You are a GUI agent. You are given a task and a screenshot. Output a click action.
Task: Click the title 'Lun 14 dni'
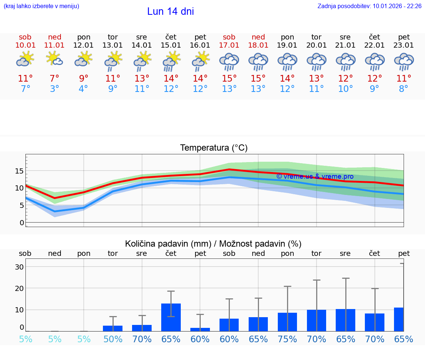click(170, 11)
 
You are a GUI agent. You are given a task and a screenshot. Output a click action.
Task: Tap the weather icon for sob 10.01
click(25, 59)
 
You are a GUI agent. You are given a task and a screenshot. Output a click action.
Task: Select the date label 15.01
click(171, 45)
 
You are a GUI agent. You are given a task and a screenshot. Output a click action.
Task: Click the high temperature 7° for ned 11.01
click(54, 78)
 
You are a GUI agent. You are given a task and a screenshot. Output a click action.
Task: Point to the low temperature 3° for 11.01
click(54, 89)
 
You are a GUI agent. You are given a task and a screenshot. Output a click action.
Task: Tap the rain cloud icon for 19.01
click(287, 62)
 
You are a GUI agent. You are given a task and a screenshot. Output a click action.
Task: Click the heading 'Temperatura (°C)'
click(214, 148)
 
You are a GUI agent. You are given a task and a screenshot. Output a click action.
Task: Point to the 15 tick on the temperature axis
click(19, 171)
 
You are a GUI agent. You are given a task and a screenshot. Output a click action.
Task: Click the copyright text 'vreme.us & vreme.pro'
click(315, 176)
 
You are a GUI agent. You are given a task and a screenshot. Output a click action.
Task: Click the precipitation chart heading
click(213, 244)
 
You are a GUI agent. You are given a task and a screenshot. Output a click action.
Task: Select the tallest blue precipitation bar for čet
click(171, 317)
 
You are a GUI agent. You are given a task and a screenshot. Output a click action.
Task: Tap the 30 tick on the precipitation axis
click(19, 267)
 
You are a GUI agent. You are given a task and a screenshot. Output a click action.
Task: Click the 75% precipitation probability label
click(287, 339)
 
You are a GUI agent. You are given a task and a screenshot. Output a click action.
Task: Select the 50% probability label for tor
click(113, 339)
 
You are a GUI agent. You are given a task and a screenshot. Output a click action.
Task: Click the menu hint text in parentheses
click(41, 6)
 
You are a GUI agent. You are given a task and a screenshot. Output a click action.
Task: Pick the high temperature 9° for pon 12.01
click(84, 78)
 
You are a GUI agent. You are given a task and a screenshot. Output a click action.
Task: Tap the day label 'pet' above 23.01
click(404, 37)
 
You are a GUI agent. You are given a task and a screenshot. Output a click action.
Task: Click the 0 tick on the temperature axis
click(21, 222)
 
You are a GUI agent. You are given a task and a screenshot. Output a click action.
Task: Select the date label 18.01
click(258, 45)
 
